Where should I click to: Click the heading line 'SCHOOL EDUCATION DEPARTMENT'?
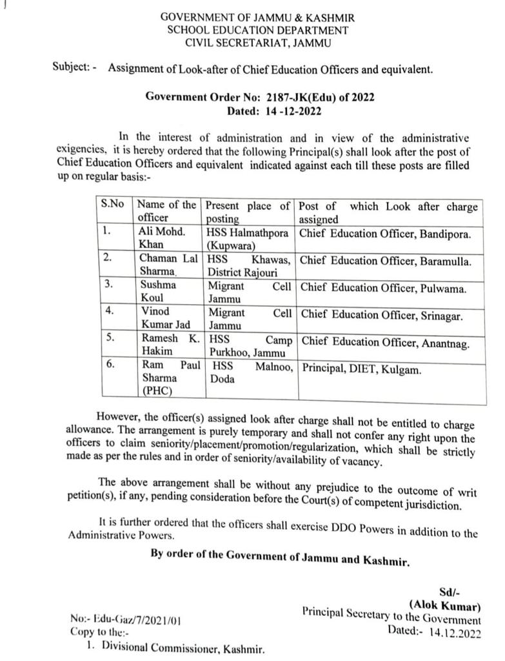[x=258, y=30]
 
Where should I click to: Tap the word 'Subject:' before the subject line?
[x=72, y=68]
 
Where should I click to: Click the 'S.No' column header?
[x=113, y=206]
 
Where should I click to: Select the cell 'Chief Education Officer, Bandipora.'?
[x=386, y=232]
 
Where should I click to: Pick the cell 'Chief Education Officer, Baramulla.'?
[x=386, y=261]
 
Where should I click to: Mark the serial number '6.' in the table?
[x=110, y=364]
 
